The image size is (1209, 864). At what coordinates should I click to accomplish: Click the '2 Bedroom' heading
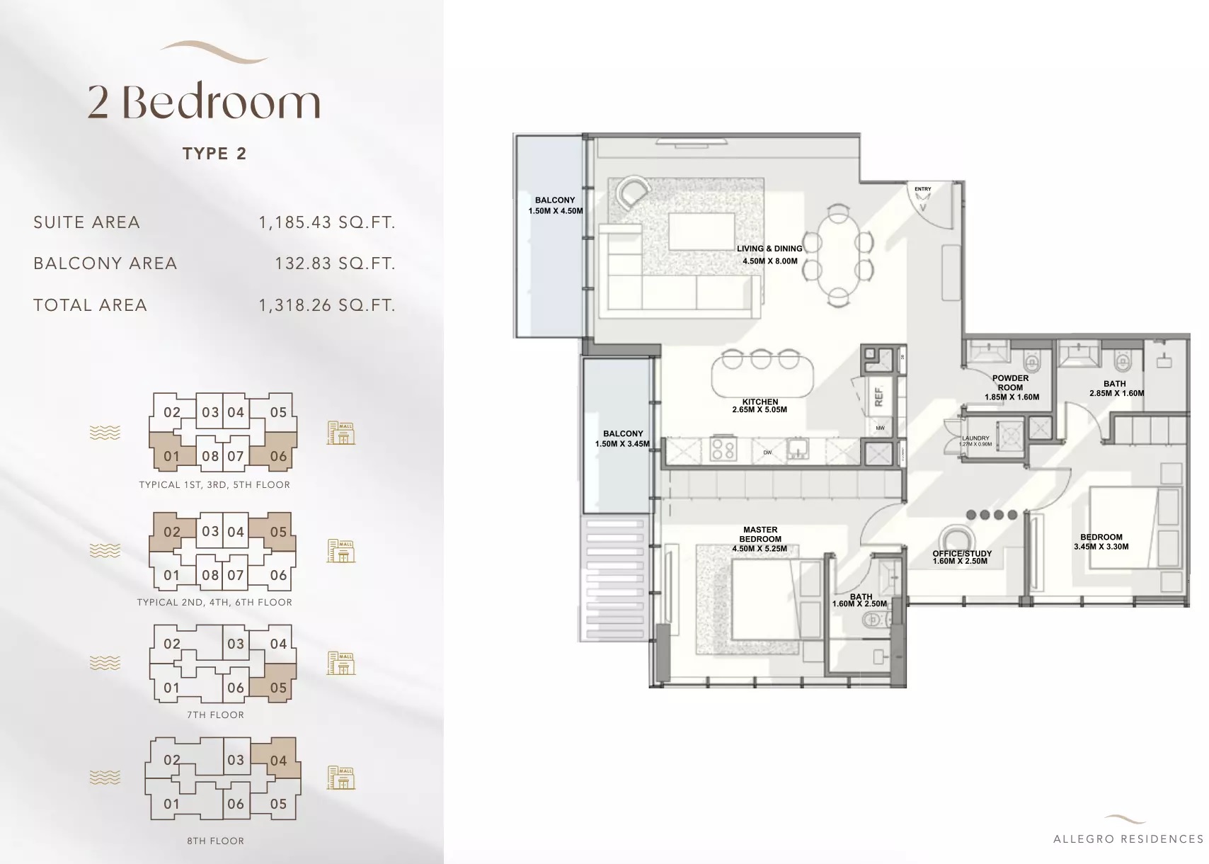(x=204, y=102)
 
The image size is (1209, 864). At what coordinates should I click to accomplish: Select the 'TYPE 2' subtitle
(x=214, y=154)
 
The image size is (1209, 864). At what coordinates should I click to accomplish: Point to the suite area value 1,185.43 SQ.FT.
(x=326, y=222)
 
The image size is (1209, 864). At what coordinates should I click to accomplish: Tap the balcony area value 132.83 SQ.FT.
(x=335, y=263)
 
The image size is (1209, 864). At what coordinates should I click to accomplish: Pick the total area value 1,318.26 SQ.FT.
(x=326, y=305)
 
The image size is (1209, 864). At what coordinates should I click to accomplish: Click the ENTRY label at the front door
(x=922, y=189)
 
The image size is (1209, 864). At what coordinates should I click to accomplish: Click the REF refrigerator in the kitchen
(x=878, y=397)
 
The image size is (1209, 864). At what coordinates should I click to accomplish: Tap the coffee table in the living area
(x=700, y=232)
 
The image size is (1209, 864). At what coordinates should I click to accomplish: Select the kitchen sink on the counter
(x=798, y=449)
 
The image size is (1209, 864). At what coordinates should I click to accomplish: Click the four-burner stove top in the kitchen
(x=723, y=449)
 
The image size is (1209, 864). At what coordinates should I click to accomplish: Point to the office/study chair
(x=957, y=539)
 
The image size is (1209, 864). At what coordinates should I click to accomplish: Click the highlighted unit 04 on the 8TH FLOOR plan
(x=277, y=761)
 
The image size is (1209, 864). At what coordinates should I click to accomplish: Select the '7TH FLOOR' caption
(x=215, y=715)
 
